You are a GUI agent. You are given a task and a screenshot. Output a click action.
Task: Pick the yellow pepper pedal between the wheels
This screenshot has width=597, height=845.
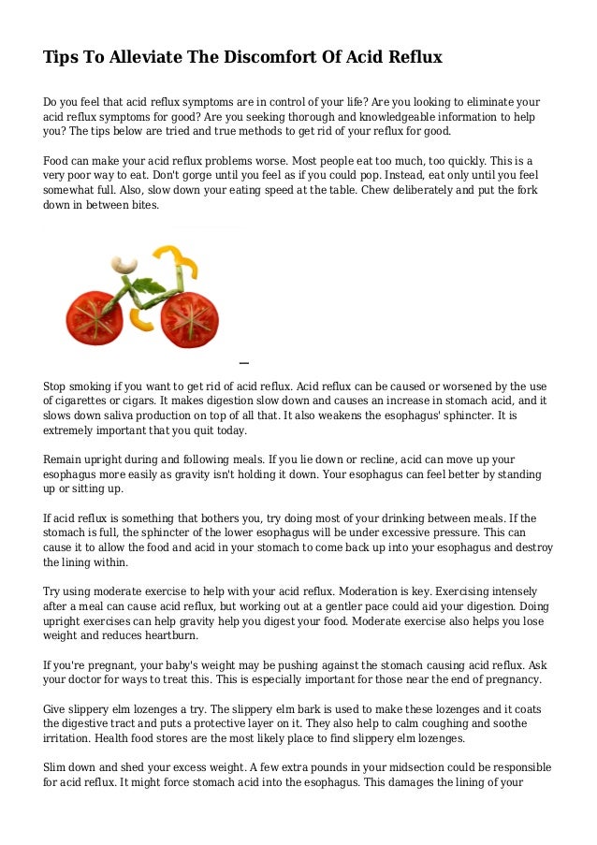click(x=143, y=321)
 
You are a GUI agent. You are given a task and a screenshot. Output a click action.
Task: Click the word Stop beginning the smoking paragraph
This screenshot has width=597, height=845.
click(x=56, y=386)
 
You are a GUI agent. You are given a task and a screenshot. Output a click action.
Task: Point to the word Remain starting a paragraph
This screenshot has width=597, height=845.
click(x=65, y=459)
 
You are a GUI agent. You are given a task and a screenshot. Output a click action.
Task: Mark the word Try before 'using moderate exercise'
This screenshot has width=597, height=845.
click(x=54, y=592)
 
